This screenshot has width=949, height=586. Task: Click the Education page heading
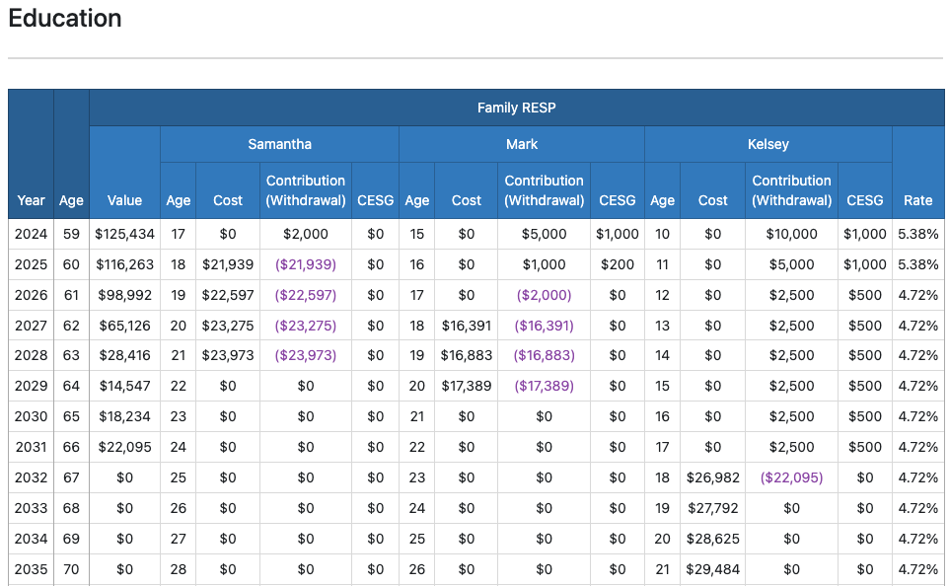pos(65,19)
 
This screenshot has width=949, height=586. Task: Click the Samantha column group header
pos(279,144)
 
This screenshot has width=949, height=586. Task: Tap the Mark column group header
pos(522,144)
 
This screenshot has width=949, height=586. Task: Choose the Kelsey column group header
pos(767,144)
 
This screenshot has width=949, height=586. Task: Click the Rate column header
pos(917,200)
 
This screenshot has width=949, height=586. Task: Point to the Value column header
pos(124,200)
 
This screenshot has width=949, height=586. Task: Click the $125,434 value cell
pos(124,235)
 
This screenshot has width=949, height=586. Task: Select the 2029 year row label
pos(31,386)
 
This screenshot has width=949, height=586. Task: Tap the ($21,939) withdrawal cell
pos(305,265)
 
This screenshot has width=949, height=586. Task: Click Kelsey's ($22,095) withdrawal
pos(791,477)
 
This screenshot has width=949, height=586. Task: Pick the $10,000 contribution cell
pos(791,235)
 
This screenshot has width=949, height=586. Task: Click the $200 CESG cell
pos(618,265)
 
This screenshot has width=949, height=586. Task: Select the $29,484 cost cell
pos(712,569)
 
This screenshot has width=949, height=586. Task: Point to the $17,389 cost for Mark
pos(466,386)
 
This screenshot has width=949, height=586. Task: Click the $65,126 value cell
pos(124,326)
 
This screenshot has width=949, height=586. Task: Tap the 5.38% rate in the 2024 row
pos(917,235)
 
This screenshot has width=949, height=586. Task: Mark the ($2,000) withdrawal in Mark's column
pos(544,295)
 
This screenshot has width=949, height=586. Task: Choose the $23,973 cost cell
pos(227,355)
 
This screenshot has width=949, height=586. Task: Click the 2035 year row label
pos(31,569)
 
